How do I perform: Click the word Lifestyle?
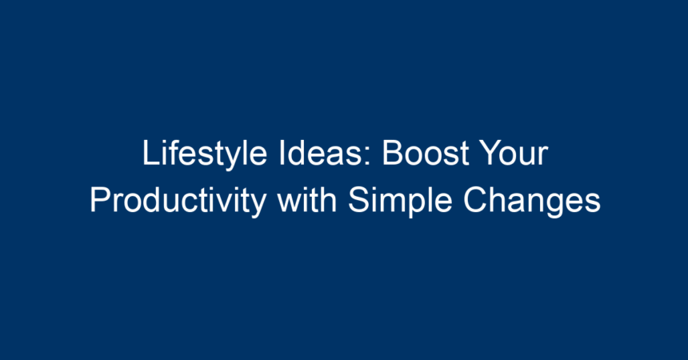(x=205, y=154)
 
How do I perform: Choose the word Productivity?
(x=178, y=202)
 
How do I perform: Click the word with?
(x=306, y=200)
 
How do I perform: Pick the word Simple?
(x=400, y=202)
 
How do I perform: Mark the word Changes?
(x=532, y=202)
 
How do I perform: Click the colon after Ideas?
(x=369, y=157)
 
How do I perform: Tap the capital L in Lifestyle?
(x=150, y=154)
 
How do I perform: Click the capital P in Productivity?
(x=100, y=200)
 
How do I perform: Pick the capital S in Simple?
(x=358, y=200)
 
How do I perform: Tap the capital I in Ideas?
(x=282, y=154)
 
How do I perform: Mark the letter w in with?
(x=289, y=204)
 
